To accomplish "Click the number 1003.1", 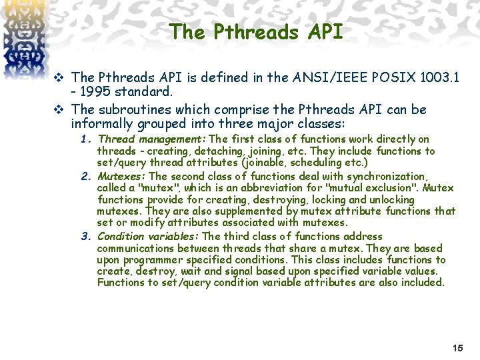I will click(x=439, y=77).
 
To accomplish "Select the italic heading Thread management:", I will click(x=153, y=139).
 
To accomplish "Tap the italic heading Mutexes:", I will click(x=123, y=177).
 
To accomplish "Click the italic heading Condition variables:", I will click(x=149, y=236).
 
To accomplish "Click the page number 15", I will click(x=457, y=348).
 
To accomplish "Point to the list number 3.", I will click(x=85, y=236).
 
